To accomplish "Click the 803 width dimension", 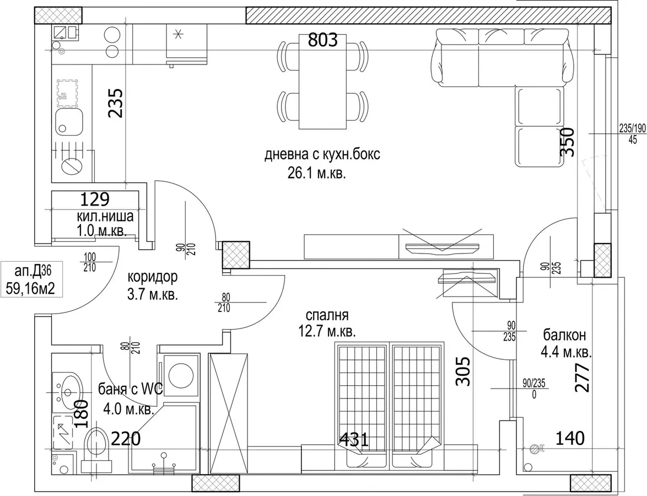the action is (x=323, y=40).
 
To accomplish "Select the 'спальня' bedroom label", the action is (x=327, y=315).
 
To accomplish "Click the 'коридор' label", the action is (x=153, y=277).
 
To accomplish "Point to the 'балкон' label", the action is (x=564, y=335).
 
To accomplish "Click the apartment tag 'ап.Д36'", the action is (x=33, y=271).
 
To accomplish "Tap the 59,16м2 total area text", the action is (x=30, y=288).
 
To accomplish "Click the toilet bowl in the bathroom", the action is (x=97, y=444).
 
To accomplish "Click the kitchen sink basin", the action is (x=69, y=121).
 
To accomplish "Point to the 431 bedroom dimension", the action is (x=353, y=439).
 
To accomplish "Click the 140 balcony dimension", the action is (x=570, y=438).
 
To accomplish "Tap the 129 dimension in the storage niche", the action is (x=94, y=200).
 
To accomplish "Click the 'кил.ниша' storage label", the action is (x=105, y=216).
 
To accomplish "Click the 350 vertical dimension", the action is (x=567, y=142).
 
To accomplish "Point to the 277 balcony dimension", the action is (x=582, y=377).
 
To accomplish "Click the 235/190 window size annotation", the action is (x=632, y=129).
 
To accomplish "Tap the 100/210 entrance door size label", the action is (x=89, y=262).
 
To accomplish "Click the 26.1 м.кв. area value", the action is (x=316, y=174).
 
